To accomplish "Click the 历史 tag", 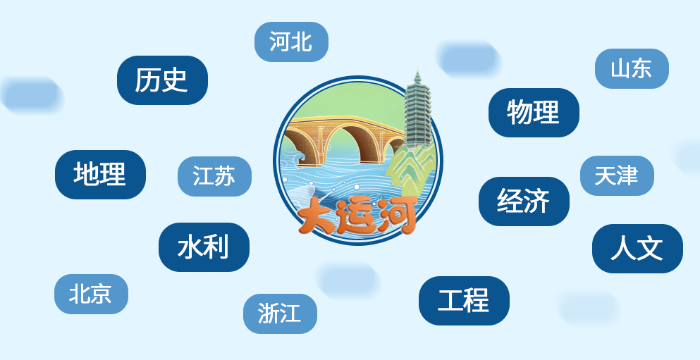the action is coord(162,80).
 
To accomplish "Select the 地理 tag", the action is coord(100,175).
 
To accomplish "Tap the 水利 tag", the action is coord(204,247).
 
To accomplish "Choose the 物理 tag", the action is coord(534,113).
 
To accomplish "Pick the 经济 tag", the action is coord(524,201).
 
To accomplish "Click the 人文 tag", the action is coord(637,249).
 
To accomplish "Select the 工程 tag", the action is coord(465,301).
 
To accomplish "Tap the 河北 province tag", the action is coord(292,42).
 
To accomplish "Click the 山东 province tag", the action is coord(632,69).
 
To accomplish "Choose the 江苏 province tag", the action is coord(215,176).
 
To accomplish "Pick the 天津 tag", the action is coord(617,175).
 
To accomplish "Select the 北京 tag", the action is coord(91,294).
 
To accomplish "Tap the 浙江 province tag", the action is coord(281,314).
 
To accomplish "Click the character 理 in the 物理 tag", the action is coord(546,113).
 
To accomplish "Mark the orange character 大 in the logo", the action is coord(316,217).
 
